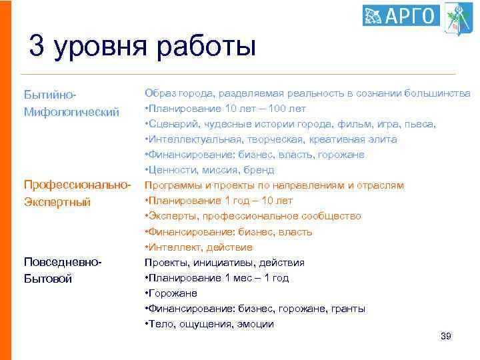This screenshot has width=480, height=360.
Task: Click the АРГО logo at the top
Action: [401, 15]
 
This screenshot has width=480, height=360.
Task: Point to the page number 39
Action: [446, 337]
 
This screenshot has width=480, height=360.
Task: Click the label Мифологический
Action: [71, 111]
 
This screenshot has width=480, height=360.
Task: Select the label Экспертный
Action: [57, 201]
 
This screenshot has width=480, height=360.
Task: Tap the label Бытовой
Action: [47, 278]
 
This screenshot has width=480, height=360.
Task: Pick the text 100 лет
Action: [286, 109]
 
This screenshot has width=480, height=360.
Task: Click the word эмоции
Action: [254, 324]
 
